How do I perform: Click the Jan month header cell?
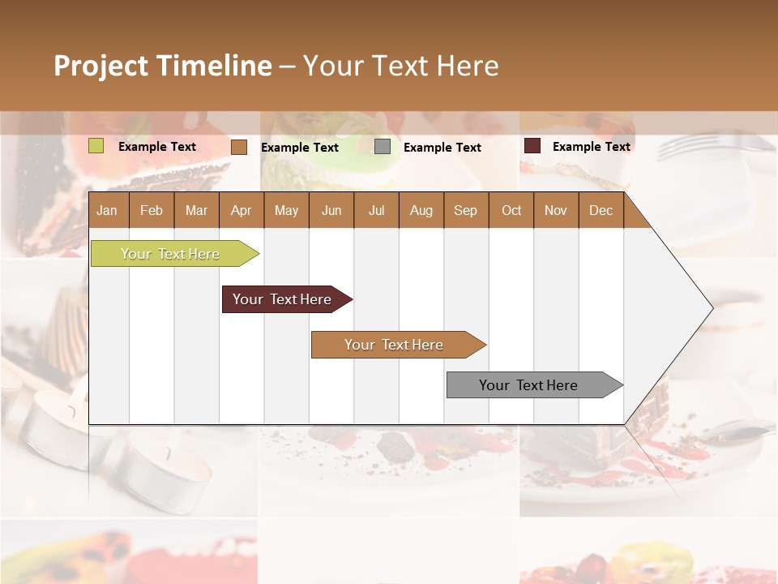click(x=108, y=210)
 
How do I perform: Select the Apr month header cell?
click(x=242, y=210)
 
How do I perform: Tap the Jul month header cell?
click(x=376, y=210)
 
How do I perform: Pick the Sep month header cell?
click(x=466, y=210)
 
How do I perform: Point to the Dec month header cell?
click(x=601, y=210)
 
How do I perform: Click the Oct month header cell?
click(x=511, y=210)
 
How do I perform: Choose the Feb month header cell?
click(x=152, y=210)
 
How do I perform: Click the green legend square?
click(x=96, y=146)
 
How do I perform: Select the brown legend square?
click(x=239, y=147)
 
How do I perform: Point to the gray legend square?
click(x=383, y=147)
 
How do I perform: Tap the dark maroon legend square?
click(x=532, y=146)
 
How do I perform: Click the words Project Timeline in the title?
click(x=162, y=66)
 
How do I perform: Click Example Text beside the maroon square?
click(x=591, y=147)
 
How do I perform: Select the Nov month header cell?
click(x=556, y=210)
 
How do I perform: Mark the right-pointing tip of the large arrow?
click(x=711, y=308)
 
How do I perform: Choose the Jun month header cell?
click(x=331, y=210)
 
